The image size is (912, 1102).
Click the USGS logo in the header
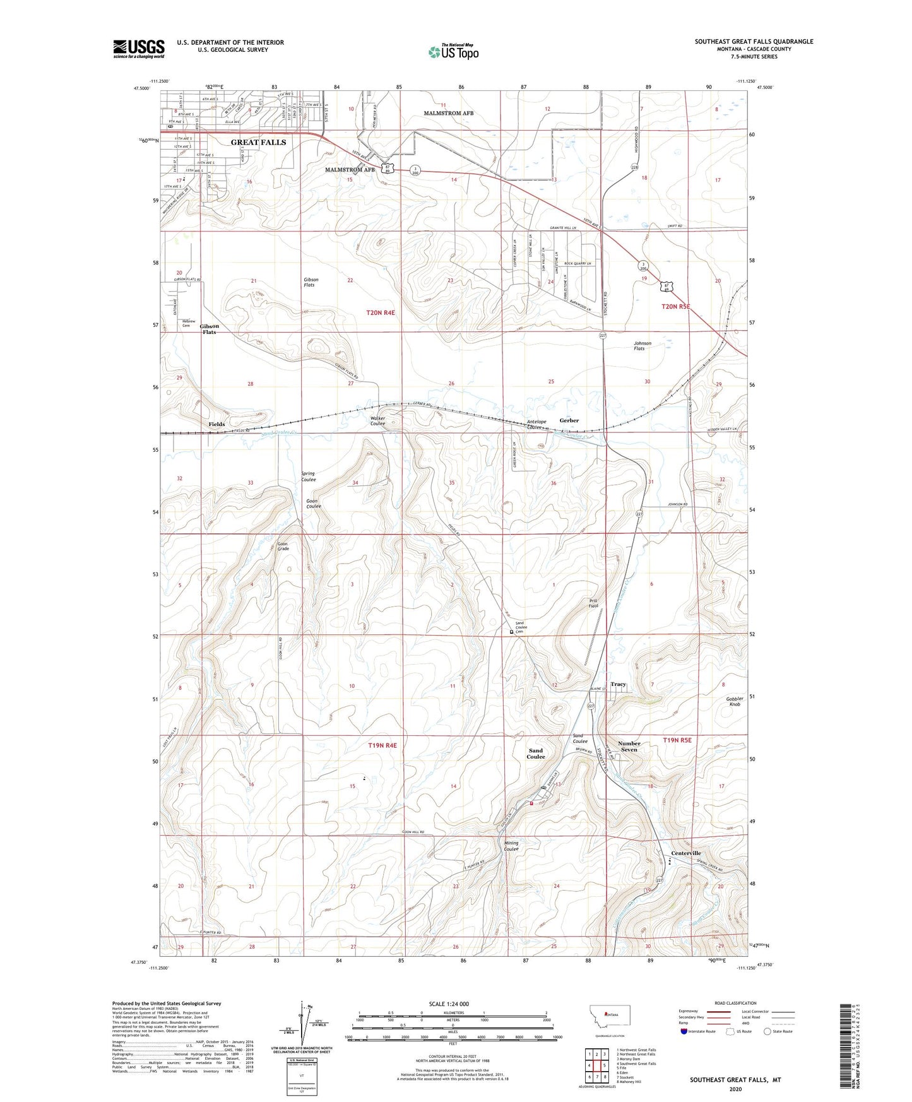click(x=138, y=49)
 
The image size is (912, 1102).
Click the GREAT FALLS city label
click(x=258, y=142)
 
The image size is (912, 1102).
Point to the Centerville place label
click(x=686, y=853)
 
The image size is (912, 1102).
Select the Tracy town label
click(x=618, y=684)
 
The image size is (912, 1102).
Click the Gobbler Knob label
click(x=735, y=701)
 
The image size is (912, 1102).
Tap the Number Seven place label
click(x=629, y=747)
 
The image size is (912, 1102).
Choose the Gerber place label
click(x=569, y=420)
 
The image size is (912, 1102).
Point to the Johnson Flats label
click(x=643, y=346)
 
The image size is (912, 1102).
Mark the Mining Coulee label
click(x=511, y=846)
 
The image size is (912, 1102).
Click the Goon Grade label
click(x=283, y=546)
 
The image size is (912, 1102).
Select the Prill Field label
click(x=593, y=603)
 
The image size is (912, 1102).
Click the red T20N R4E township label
click(x=381, y=312)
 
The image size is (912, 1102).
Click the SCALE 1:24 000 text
click(x=449, y=1004)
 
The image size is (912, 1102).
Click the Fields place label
click(x=216, y=424)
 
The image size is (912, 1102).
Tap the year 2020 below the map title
click(x=735, y=1089)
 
